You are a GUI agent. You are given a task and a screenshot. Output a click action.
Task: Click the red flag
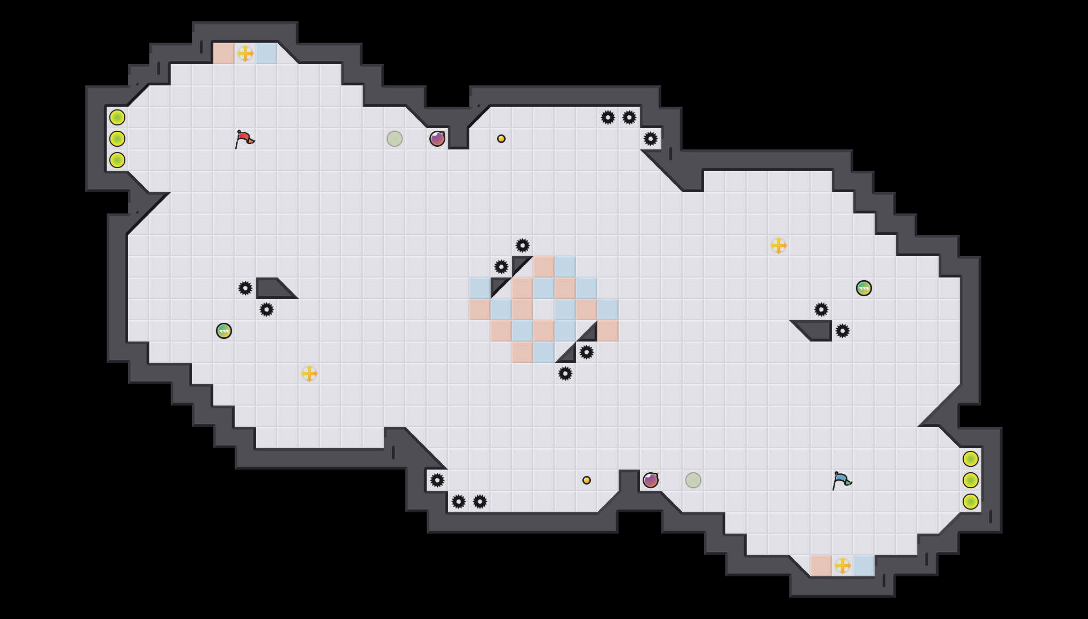coord(244,139)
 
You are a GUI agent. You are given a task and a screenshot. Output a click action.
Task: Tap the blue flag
coord(842,480)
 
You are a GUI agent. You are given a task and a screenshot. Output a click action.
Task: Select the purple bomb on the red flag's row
coord(437,139)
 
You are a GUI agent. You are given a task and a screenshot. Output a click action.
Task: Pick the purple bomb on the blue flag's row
coord(651,480)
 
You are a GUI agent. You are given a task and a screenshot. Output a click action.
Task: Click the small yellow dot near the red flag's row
coord(501,139)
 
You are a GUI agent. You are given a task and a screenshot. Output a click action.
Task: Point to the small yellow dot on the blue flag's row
coord(587,480)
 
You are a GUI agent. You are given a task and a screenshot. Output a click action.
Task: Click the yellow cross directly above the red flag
coord(245,53)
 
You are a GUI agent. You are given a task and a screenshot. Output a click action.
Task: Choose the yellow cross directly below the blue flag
coord(843,566)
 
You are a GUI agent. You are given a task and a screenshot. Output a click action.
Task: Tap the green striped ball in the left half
coord(224,331)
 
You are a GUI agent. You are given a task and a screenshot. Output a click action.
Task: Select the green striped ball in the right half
coord(864,288)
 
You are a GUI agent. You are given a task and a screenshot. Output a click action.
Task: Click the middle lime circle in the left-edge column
coord(117,139)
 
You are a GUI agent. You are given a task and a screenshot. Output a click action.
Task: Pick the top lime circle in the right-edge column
coord(971,459)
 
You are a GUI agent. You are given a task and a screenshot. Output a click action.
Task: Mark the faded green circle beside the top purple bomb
coord(395,139)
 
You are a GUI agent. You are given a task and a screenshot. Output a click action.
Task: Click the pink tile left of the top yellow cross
coord(224,53)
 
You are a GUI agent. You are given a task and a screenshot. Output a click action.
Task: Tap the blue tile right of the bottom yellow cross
coord(864,566)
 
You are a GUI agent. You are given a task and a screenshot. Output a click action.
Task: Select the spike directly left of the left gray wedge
coord(245,288)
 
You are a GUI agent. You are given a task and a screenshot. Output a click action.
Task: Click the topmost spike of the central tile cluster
coord(523,245)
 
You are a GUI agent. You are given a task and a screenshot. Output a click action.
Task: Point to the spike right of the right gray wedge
coord(843,331)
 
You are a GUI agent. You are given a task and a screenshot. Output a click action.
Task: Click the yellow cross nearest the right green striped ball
coord(779,245)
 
